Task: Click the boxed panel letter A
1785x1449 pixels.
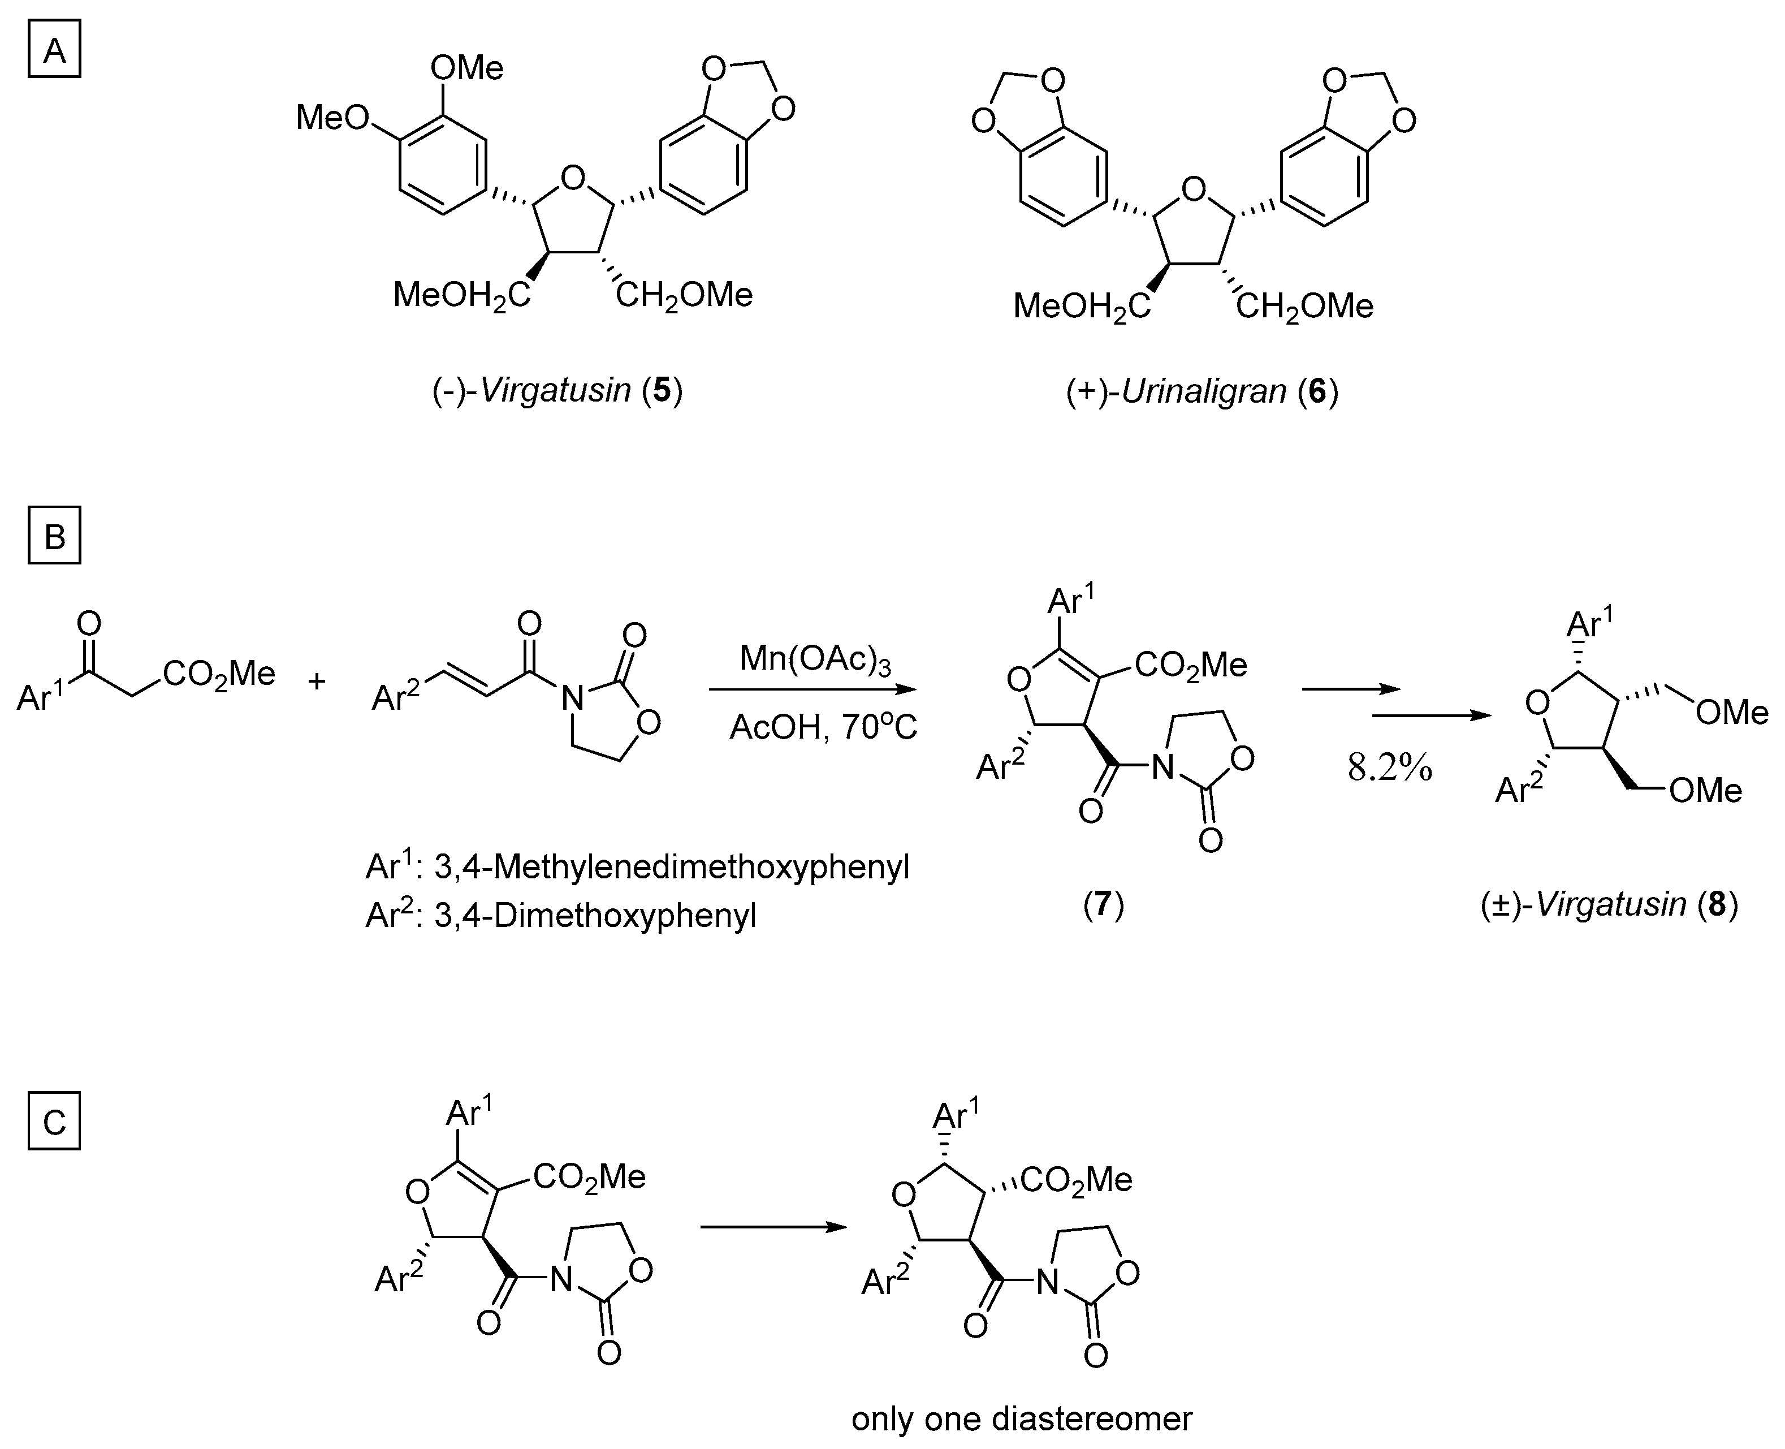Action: (x=54, y=52)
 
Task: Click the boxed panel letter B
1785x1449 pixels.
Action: (x=54, y=536)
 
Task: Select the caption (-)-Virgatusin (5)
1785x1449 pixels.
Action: (x=556, y=391)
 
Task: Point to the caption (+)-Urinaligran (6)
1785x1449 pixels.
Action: (x=1201, y=391)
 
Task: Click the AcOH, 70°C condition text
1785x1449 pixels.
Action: (x=823, y=728)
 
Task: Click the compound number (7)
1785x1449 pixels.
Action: (x=1103, y=904)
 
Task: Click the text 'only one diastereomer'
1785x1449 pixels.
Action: (x=1022, y=1418)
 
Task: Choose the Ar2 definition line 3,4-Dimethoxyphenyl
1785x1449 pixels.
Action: (x=561, y=916)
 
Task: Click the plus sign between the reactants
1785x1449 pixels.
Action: (x=316, y=681)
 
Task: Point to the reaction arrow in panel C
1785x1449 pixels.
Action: (x=773, y=1226)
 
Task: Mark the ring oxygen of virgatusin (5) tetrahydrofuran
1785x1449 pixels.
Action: (x=572, y=177)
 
